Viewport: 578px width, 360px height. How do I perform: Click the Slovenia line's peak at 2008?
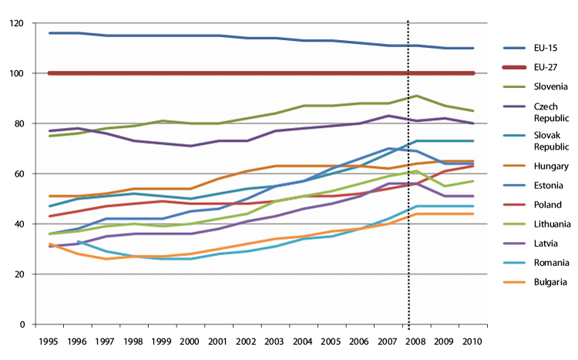[x=417, y=96]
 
